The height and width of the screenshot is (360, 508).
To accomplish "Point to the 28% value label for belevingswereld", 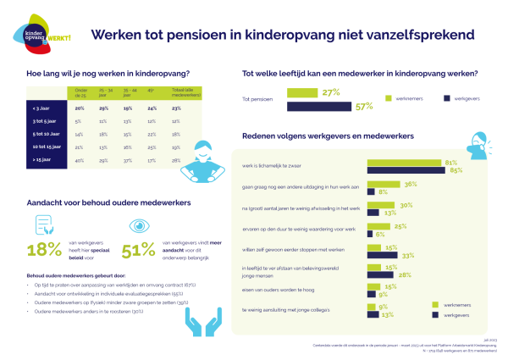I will [x=407, y=274].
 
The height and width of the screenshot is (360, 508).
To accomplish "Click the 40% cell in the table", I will [x=80, y=159].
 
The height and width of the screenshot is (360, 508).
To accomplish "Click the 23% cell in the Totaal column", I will [x=176, y=108].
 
